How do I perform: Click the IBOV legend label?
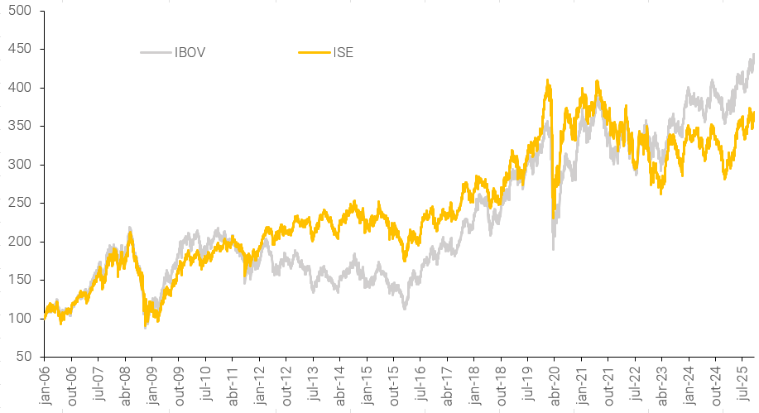(x=190, y=53)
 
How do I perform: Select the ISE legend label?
(x=343, y=53)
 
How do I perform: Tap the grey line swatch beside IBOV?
(x=155, y=53)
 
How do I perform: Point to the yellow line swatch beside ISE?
(x=313, y=53)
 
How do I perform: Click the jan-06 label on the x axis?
(x=45, y=383)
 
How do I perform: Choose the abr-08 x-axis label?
(x=125, y=383)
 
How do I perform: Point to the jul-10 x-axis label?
(x=205, y=383)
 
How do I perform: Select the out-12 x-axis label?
(x=286, y=383)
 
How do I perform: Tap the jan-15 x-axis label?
(x=366, y=383)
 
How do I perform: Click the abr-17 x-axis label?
(x=446, y=383)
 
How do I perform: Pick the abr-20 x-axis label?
(x=553, y=383)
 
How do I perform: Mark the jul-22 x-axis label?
(x=633, y=383)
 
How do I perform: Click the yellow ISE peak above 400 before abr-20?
(x=547, y=81)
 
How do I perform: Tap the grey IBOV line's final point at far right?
(x=753, y=55)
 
